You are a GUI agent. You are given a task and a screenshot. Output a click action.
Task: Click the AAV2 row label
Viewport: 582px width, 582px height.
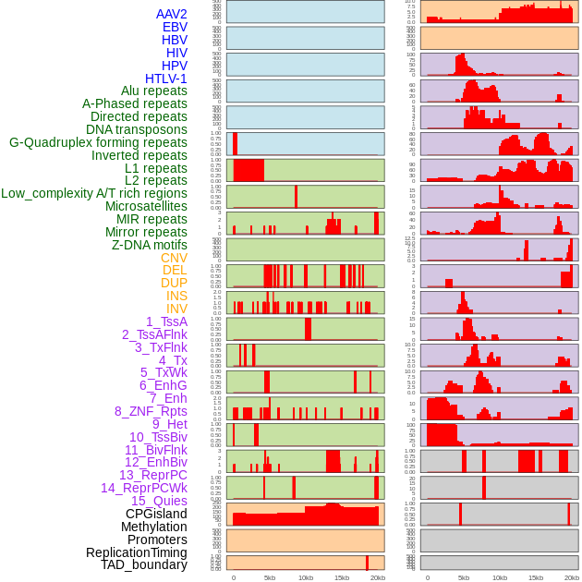click(x=171, y=14)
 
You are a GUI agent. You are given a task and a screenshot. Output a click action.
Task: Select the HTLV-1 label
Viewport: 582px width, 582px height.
click(x=165, y=79)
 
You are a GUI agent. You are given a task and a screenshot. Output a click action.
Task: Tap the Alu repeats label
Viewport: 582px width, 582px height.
click(x=153, y=91)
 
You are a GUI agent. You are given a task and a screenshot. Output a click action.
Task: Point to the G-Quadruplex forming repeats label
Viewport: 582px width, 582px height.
click(x=98, y=142)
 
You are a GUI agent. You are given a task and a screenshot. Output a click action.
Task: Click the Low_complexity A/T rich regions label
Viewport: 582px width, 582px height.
click(x=94, y=193)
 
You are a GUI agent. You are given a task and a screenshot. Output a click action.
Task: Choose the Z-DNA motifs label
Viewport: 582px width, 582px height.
click(x=149, y=245)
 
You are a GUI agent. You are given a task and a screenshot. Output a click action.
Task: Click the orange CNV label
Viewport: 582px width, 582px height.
click(x=174, y=258)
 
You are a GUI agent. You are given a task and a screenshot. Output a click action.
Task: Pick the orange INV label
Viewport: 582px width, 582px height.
click(x=176, y=309)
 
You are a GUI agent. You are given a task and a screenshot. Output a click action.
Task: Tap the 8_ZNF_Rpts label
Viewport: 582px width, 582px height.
click(x=151, y=411)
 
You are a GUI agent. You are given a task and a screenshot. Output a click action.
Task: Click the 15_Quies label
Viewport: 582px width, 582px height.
click(x=158, y=501)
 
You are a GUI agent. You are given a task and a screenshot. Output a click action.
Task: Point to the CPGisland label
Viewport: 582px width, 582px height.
click(x=156, y=514)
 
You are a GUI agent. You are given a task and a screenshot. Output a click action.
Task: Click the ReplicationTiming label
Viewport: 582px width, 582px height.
click(x=136, y=552)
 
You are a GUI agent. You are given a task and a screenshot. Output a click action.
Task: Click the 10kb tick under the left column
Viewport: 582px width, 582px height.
click(x=305, y=577)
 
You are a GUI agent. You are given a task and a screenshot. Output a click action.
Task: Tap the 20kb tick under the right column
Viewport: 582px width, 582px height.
click(x=572, y=577)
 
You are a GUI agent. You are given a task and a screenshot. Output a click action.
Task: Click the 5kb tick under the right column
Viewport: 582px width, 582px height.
click(x=463, y=577)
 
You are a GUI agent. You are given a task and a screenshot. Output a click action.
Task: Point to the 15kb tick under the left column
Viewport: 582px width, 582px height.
click(x=341, y=577)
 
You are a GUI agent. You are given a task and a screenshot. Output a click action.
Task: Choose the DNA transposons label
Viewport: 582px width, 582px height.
click(x=137, y=129)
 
